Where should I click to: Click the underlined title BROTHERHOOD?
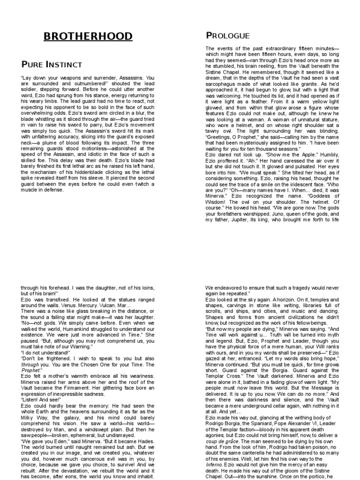(88, 37)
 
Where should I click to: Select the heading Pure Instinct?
(52, 64)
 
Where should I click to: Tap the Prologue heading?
(228, 36)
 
